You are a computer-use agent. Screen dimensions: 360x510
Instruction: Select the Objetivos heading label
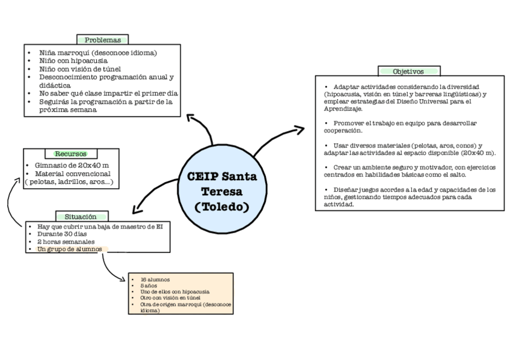click(408, 71)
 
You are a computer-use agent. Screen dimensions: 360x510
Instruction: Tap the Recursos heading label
click(70, 154)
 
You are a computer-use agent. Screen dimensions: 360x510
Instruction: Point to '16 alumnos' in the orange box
click(155, 279)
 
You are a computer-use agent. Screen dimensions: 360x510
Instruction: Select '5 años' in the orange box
click(149, 285)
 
